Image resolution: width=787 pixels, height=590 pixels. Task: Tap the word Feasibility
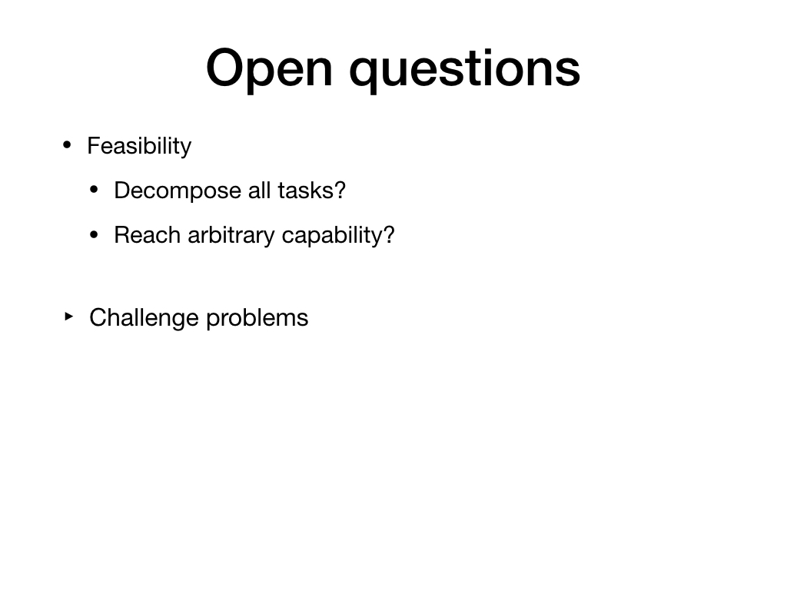(x=139, y=147)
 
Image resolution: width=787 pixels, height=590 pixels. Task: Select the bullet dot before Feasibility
(x=67, y=145)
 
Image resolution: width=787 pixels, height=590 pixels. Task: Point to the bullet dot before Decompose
(x=94, y=191)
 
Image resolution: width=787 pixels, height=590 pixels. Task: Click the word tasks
(x=305, y=191)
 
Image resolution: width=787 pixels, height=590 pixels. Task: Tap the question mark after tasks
(x=340, y=191)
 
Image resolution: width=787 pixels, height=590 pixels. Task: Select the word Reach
(x=147, y=235)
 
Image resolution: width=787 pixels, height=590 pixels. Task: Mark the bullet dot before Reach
(x=94, y=235)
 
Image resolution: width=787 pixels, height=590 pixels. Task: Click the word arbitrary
(x=231, y=236)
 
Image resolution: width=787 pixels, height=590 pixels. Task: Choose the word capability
(x=332, y=236)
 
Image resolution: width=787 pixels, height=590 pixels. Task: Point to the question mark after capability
(x=389, y=235)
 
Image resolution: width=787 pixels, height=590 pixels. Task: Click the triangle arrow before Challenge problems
(x=69, y=317)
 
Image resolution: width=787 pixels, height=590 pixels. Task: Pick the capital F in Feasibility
(x=93, y=146)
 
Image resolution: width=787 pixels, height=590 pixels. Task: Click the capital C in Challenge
(x=98, y=317)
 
